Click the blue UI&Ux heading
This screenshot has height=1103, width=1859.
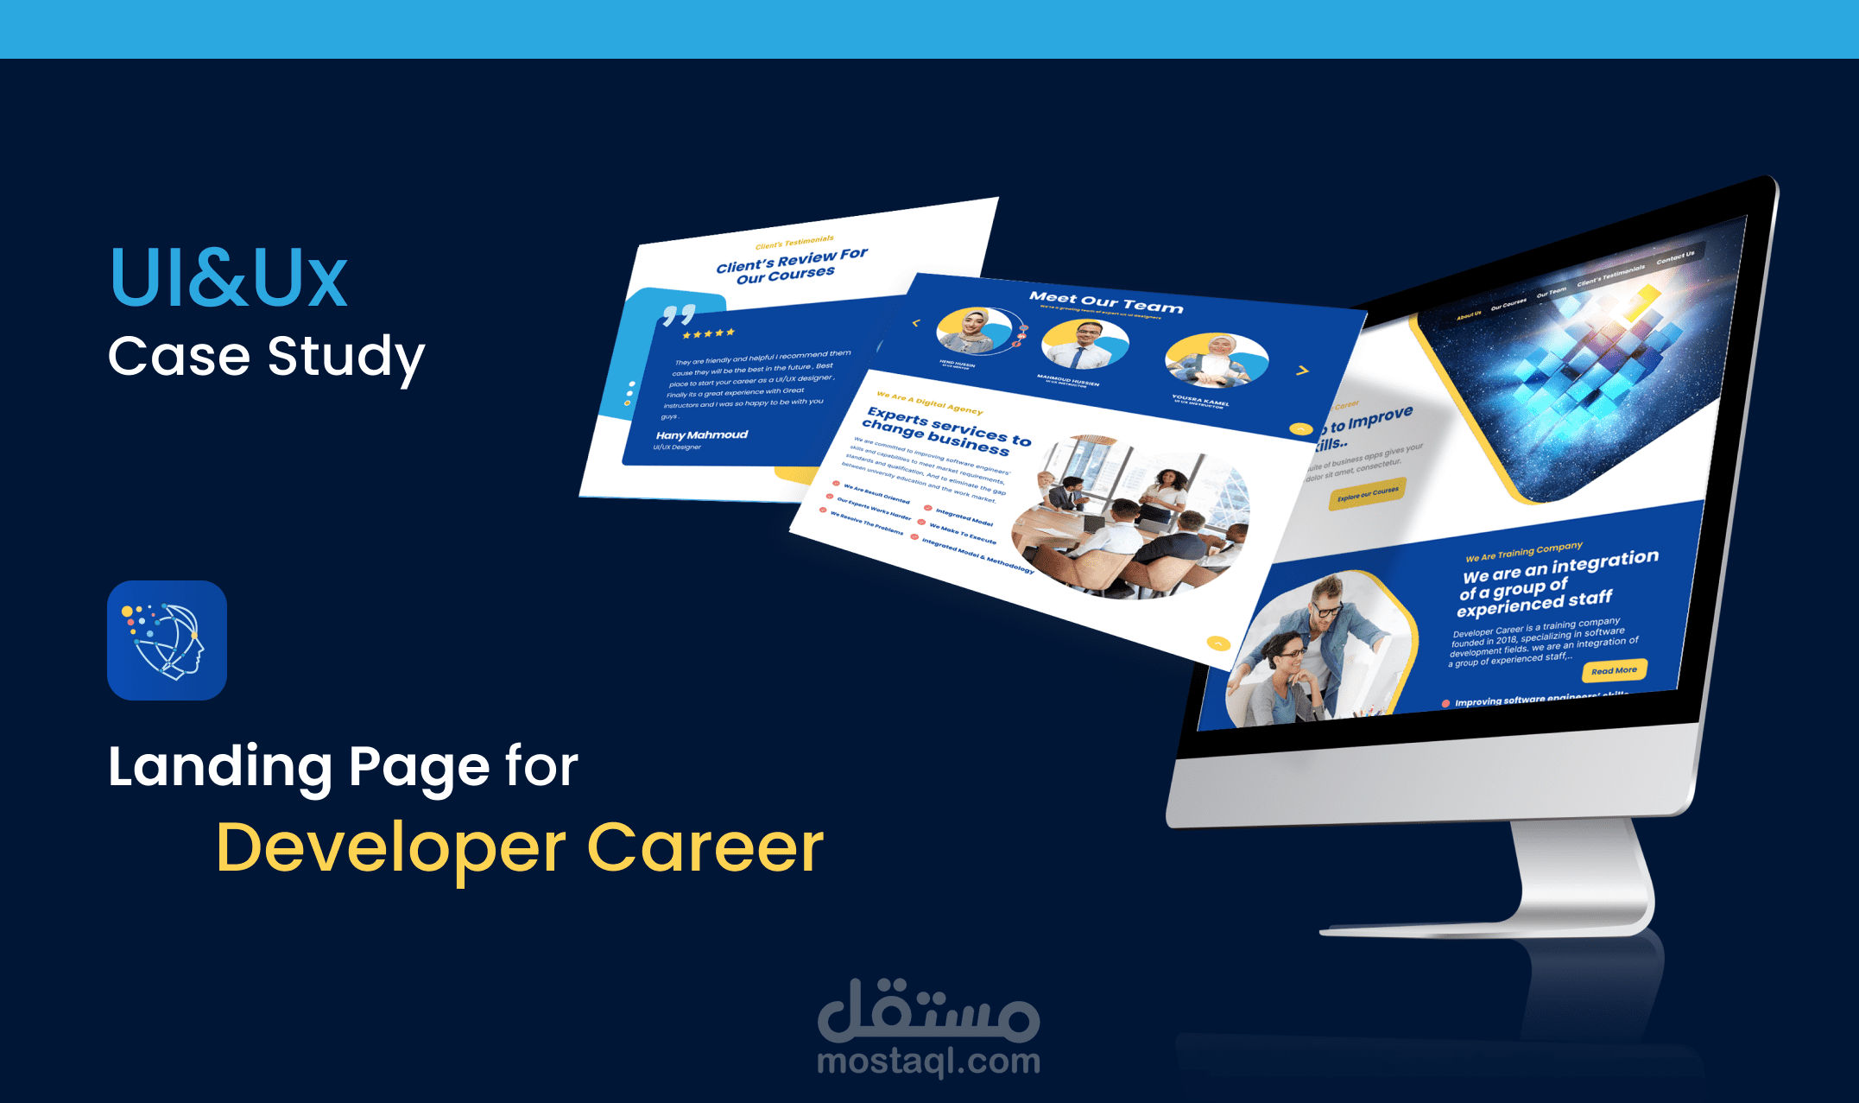click(x=229, y=278)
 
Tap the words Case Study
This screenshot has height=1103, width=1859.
click(x=266, y=357)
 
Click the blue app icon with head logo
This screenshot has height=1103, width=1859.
click(x=167, y=640)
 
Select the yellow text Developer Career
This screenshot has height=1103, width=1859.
click(x=520, y=848)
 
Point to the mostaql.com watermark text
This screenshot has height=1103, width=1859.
click(x=928, y=1062)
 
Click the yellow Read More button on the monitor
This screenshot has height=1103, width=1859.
click(x=1614, y=670)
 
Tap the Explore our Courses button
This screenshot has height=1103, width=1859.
click(x=1368, y=493)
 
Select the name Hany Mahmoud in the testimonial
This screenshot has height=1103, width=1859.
click(x=701, y=434)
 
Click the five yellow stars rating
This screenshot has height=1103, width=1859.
click(x=708, y=333)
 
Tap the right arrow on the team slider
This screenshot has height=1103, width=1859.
click(x=1302, y=371)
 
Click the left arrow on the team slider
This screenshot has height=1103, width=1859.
click(x=916, y=323)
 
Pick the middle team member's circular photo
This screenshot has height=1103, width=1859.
click(x=1084, y=344)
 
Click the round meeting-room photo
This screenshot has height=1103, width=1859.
click(x=1131, y=517)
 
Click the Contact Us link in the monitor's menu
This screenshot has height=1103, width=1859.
click(x=1674, y=257)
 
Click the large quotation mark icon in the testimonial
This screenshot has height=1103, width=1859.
click(x=679, y=314)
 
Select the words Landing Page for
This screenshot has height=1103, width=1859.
click(x=343, y=767)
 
